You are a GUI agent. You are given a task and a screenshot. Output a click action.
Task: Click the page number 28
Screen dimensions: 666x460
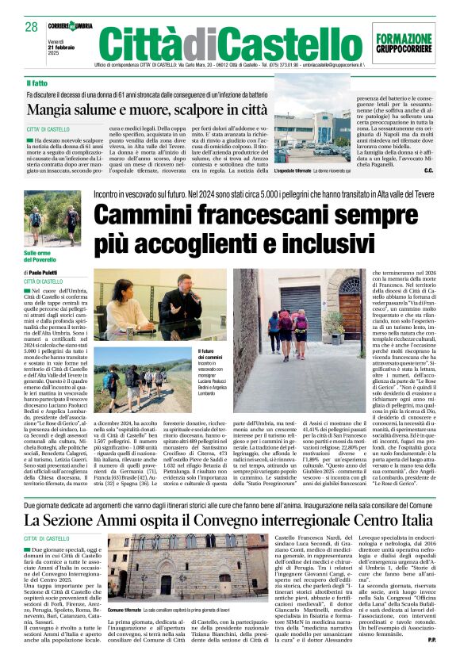tap(32, 27)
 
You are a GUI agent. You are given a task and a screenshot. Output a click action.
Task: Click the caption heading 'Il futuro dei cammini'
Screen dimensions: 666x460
tap(209, 354)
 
